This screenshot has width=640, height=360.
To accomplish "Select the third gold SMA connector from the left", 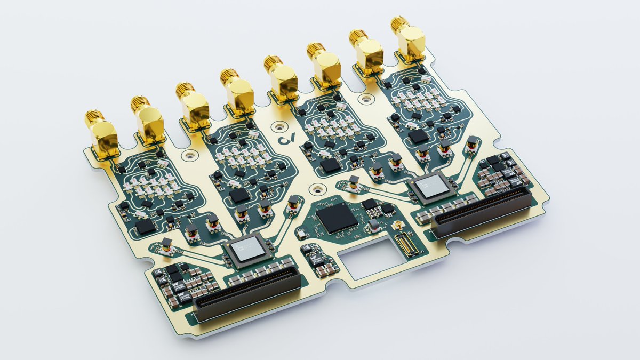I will [x=193, y=105].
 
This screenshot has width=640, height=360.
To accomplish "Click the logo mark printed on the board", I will [x=286, y=140].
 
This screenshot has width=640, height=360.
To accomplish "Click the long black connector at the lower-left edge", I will [x=246, y=295].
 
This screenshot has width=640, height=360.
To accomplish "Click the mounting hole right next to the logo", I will [x=278, y=127].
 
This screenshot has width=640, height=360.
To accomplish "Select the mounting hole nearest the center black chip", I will [x=318, y=188].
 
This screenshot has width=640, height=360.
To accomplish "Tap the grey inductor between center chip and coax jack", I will [x=375, y=223].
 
